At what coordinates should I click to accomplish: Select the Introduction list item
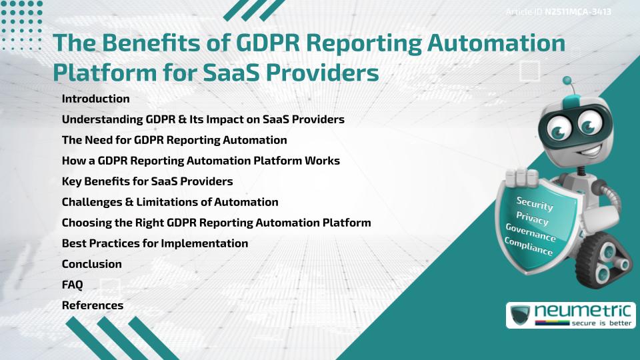[95, 99]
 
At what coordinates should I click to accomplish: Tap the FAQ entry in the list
[72, 285]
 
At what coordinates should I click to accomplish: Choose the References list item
[92, 305]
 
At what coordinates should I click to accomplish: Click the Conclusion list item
[91, 264]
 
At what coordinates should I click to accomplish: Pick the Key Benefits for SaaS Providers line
[147, 181]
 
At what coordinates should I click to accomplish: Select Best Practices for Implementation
[155, 243]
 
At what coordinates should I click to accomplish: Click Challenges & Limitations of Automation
[169, 202]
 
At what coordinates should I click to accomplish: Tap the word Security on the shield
[535, 204]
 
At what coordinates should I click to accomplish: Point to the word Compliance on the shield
[529, 246]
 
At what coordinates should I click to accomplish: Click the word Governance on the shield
[531, 232]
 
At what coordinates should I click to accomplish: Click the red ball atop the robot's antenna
[568, 81]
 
